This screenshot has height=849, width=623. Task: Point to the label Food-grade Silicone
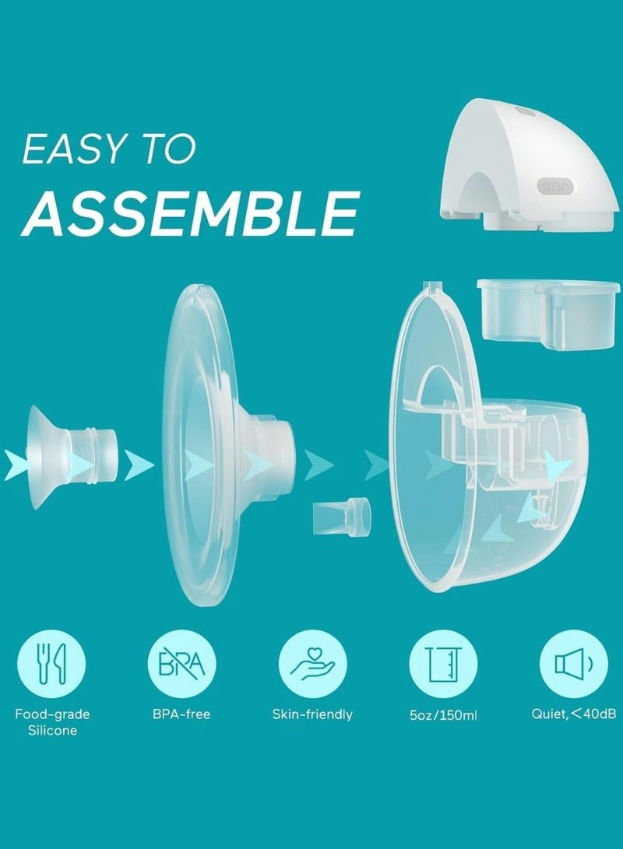(52, 722)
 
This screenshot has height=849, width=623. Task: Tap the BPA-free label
(181, 714)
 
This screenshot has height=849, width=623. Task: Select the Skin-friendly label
(312, 714)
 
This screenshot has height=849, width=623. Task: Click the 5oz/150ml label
(443, 715)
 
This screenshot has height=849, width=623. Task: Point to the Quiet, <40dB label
(574, 714)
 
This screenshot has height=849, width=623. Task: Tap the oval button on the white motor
(555, 186)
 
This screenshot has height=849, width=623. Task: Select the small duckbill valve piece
(342, 517)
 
